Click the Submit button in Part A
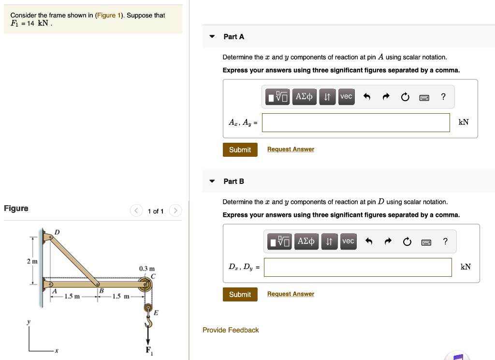click(x=240, y=150)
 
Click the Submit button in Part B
click(x=240, y=294)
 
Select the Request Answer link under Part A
click(x=291, y=150)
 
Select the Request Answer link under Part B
click(x=291, y=294)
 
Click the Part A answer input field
click(x=356, y=122)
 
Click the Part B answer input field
click(x=358, y=267)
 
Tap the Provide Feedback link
click(x=231, y=330)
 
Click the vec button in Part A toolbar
click(x=346, y=97)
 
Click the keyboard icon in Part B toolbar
click(x=426, y=242)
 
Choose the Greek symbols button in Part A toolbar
click(x=304, y=97)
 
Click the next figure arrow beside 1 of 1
click(x=176, y=211)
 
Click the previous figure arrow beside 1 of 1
click(x=136, y=211)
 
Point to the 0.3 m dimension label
click(x=146, y=269)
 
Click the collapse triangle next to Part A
click(x=212, y=37)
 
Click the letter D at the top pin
click(x=57, y=232)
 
